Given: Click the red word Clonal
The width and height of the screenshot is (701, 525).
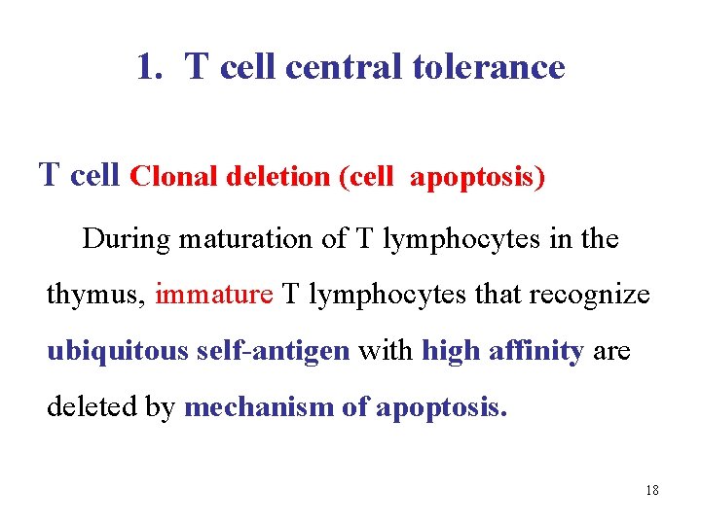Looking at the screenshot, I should (174, 177).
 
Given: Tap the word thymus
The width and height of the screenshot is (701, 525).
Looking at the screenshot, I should (96, 296).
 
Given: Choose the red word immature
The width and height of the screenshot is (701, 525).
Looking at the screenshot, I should (214, 295).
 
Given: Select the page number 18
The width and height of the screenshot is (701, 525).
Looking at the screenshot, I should (651, 491).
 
